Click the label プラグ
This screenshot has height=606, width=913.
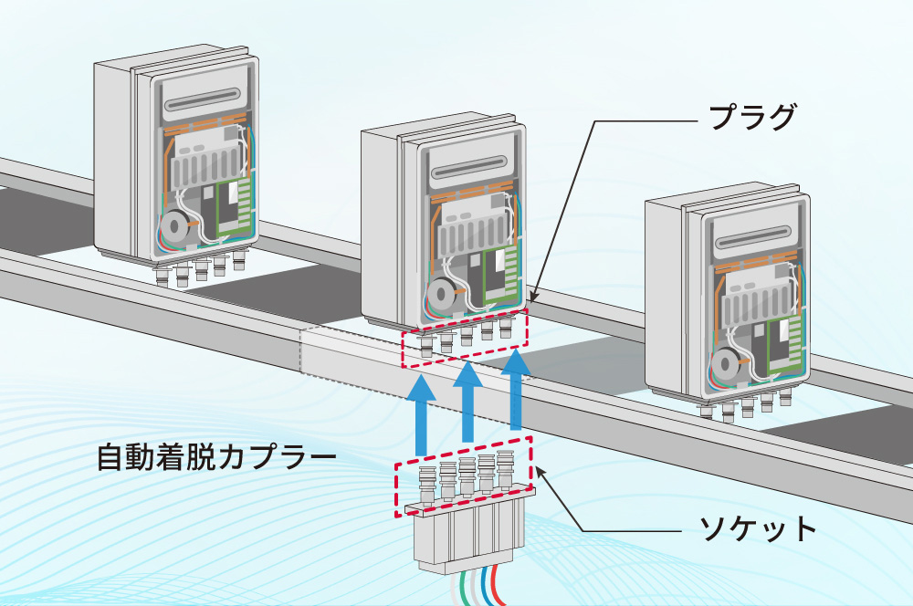[753, 118]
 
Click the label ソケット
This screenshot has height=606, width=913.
[752, 528]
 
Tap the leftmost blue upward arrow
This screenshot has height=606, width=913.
[421, 416]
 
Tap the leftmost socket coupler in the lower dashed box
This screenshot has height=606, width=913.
[425, 483]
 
